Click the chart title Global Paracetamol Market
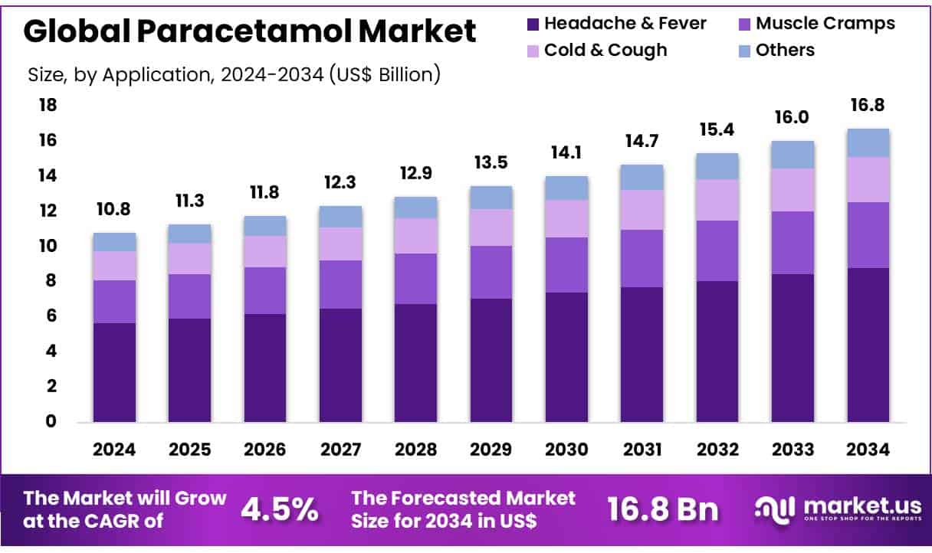pyautogui.click(x=250, y=31)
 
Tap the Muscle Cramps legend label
pyautogui.click(x=825, y=24)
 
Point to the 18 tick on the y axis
pyautogui.click(x=48, y=105)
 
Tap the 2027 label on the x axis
pyautogui.click(x=341, y=450)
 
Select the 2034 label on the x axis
pyautogui.click(x=868, y=450)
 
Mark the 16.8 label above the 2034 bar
pyautogui.click(x=868, y=106)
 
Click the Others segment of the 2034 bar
pyautogui.click(x=868, y=142)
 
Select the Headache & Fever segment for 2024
pyautogui.click(x=114, y=372)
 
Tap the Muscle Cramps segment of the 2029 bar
pyautogui.click(x=491, y=272)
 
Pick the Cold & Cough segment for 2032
pyautogui.click(x=717, y=200)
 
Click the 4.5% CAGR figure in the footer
pyautogui.click(x=279, y=509)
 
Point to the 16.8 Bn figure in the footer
pyautogui.click(x=663, y=509)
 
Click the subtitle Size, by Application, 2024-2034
pyautogui.click(x=234, y=74)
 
